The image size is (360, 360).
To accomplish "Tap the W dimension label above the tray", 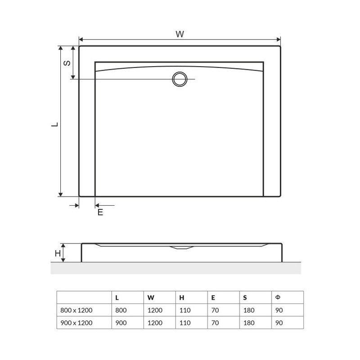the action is click(180, 34).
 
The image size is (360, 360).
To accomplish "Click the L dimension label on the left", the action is click(54, 125).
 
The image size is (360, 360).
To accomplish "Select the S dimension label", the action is click(67, 63).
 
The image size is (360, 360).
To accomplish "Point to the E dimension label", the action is click(100, 212).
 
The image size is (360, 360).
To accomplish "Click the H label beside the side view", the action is click(58, 253).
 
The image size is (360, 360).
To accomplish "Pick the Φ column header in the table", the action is click(278, 297).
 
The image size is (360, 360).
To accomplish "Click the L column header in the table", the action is click(117, 298).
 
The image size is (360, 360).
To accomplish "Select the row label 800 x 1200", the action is click(76, 310).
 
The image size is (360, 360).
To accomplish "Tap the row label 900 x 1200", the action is click(76, 323).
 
